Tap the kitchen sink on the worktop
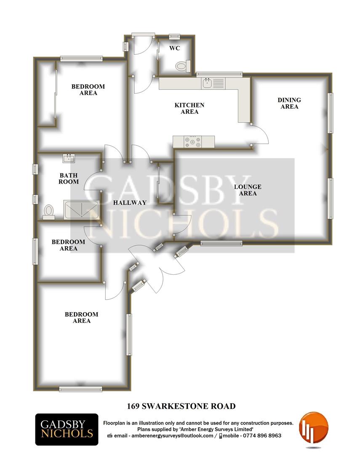(x=207, y=83)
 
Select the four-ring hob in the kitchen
(x=193, y=142)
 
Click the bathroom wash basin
(x=69, y=158)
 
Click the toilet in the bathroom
(x=49, y=211)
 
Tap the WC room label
(x=174, y=48)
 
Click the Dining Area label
(x=289, y=103)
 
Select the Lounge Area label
(x=248, y=190)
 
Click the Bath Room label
(x=69, y=179)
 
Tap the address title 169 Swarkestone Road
(x=181, y=406)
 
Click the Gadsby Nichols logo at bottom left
(x=67, y=429)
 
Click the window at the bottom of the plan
(x=75, y=389)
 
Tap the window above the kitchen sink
(x=219, y=75)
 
